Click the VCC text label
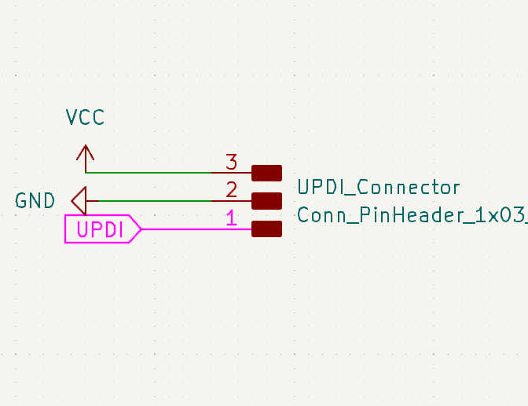pos(86,118)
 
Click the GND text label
pos(35,201)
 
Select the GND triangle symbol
pos(79,200)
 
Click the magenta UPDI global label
pos(101,229)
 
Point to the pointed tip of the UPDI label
pos(141,229)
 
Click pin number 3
pos(231,163)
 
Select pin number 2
pos(231,190)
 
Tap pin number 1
pos(231,218)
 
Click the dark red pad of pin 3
pos(266,172)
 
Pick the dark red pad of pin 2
pos(266,200)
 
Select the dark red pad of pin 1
pos(266,229)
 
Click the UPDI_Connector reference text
pos(378,188)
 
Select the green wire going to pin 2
pos(157,200)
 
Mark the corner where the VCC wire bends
pos(86,172)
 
